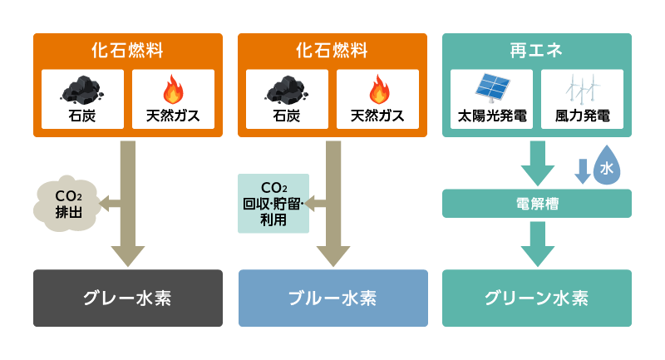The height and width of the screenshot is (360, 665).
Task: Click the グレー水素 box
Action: coord(128,298)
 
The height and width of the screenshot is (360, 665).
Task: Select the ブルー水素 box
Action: coord(332,298)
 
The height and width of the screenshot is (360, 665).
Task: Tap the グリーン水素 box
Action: coord(537,298)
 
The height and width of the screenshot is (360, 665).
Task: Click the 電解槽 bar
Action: coord(537,203)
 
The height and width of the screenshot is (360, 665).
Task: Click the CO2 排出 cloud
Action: coord(68,203)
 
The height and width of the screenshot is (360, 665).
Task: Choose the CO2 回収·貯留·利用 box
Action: coord(273,203)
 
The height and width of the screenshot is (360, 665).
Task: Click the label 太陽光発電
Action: coord(492,116)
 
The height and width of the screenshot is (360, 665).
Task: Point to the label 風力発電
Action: coord(583,116)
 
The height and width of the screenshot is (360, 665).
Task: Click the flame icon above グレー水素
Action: coord(173,89)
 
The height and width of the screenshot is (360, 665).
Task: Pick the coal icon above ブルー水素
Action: coord(287,89)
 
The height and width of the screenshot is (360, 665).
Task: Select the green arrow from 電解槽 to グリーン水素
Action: coord(537,243)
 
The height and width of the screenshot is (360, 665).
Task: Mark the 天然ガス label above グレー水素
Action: coord(173,116)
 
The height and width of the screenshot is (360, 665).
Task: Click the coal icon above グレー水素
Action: coord(82,89)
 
